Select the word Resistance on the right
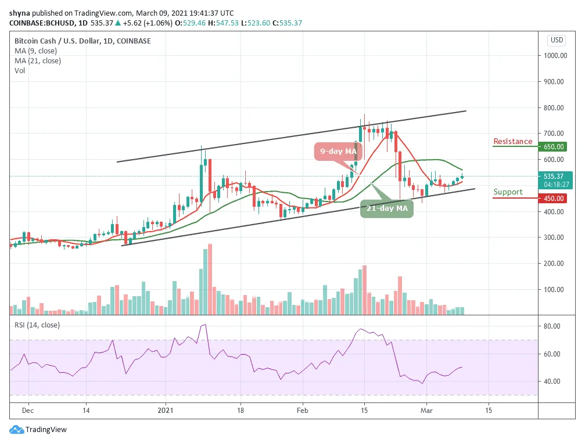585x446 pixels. [x=512, y=142]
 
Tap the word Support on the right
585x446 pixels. [x=508, y=192]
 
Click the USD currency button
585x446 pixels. [x=557, y=40]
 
